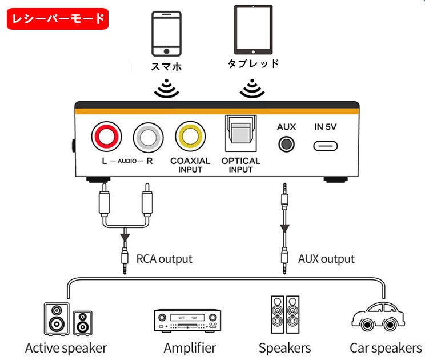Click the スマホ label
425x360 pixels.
pos(166,66)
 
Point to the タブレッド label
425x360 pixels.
pos(253,63)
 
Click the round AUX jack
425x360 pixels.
pos(286,143)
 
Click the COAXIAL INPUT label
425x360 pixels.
pos(190,165)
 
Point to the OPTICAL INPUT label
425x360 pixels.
pos(240,165)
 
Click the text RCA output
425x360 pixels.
pos(164,259)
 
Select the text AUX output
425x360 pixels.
pos(326,259)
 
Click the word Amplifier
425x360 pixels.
pos(190,347)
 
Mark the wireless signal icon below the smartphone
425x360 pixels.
pos(166,89)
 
